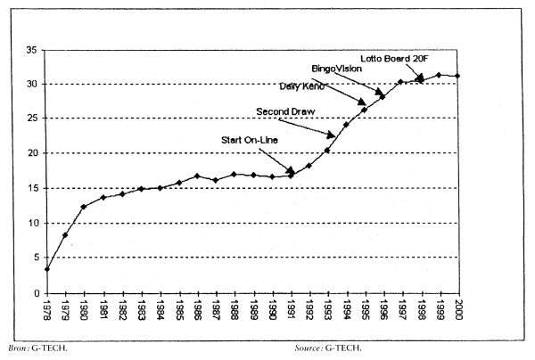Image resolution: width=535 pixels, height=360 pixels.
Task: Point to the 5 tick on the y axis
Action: pos(33,258)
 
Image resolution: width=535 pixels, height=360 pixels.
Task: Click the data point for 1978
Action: pos(46,269)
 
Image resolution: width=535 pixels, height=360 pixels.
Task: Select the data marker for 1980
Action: pos(84,207)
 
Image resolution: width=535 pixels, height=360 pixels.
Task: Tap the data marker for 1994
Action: pos(346,125)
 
